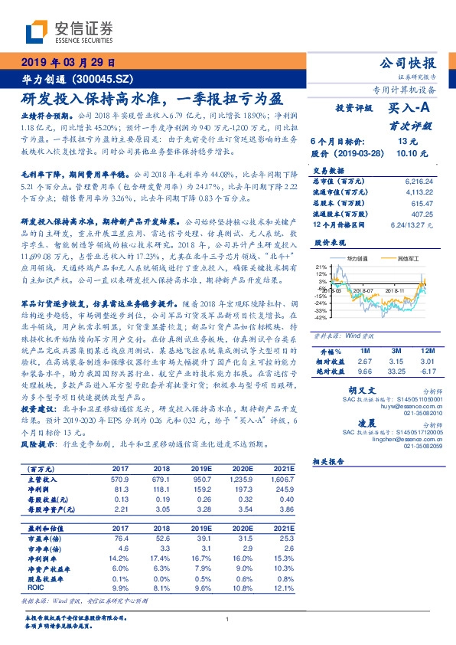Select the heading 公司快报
408,63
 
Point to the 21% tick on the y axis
321,267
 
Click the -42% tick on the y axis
321,316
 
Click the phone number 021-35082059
416,447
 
